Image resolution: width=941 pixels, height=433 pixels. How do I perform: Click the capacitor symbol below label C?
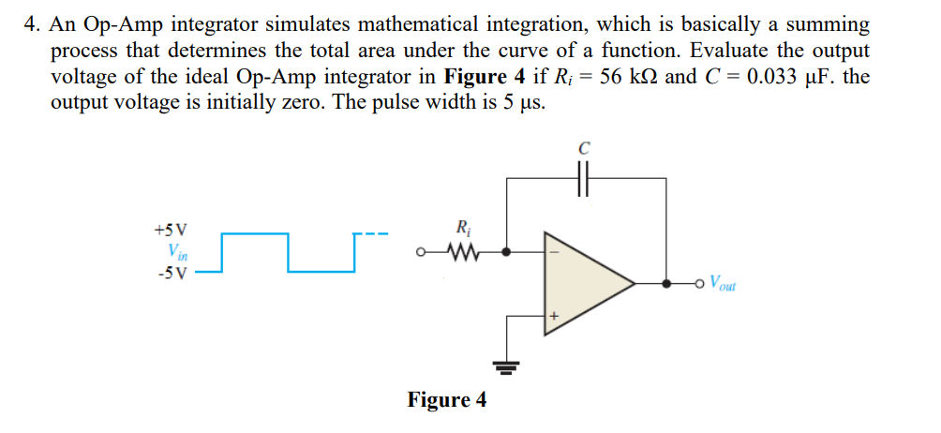coord(586,178)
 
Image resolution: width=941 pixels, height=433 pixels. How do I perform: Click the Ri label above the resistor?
coord(462,227)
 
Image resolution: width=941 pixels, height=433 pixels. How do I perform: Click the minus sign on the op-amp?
coord(553,251)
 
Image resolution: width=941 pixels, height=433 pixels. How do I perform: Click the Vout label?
coord(723,281)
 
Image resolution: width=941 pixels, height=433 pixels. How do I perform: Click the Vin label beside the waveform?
coord(175,251)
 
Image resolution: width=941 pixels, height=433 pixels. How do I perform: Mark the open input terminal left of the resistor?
coord(424,251)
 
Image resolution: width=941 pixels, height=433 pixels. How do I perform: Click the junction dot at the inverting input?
coord(507,251)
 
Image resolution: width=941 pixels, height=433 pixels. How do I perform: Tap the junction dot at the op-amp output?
coord(666,281)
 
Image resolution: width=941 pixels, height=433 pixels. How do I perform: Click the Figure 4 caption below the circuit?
coord(447,400)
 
